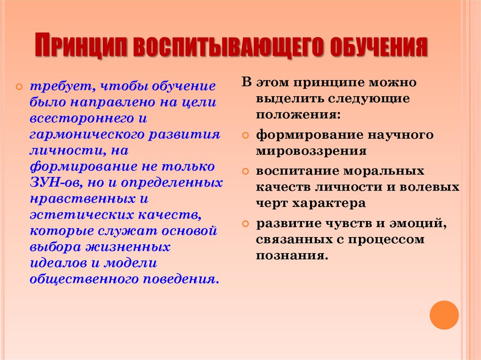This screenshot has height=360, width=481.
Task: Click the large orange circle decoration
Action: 444,315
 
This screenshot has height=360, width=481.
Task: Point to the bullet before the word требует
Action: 19,88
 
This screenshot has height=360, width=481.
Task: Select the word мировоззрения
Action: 311,151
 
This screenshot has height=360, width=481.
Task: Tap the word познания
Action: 291,256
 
